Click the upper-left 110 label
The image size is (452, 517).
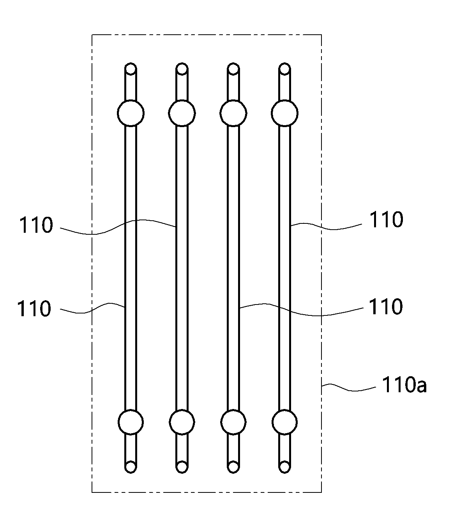tap(36, 225)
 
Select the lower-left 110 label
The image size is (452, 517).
tap(34, 308)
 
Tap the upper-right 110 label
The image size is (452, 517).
tap(387, 220)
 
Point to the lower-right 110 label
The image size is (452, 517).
tap(386, 306)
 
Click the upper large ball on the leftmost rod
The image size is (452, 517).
tap(131, 113)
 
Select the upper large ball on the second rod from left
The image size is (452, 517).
tap(182, 113)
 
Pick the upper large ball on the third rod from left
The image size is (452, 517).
tap(233, 113)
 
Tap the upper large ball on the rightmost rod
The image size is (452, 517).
tap(284, 113)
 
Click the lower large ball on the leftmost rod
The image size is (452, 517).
tap(131, 422)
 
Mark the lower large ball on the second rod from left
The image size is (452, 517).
tap(182, 422)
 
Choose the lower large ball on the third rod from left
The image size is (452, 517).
tap(233, 422)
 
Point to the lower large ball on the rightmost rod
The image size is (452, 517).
tap(284, 422)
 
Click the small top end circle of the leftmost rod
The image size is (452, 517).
tap(131, 69)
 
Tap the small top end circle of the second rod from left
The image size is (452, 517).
tap(182, 69)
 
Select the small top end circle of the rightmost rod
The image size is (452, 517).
tap(284, 69)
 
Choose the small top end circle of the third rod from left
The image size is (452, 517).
tap(233, 69)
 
